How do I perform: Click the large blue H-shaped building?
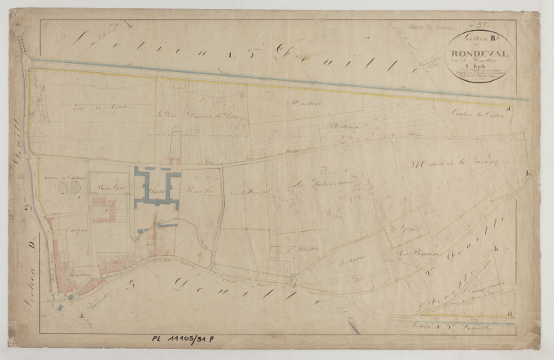(157, 187)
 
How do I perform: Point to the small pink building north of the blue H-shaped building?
(174, 159)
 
